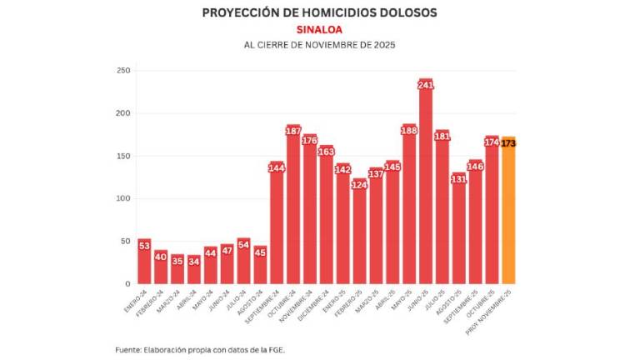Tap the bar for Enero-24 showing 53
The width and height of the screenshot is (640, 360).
[144, 262]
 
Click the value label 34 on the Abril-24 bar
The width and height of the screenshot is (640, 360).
[193, 261]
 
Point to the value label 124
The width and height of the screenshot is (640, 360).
[359, 185]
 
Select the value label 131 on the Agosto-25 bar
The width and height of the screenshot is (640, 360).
[458, 179]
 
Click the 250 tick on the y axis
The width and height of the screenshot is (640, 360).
[123, 71]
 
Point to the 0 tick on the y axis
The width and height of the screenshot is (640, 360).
[127, 284]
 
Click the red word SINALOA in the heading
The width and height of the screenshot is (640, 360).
[319, 29]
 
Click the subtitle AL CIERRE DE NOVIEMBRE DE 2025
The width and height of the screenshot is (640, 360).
[319, 44]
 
